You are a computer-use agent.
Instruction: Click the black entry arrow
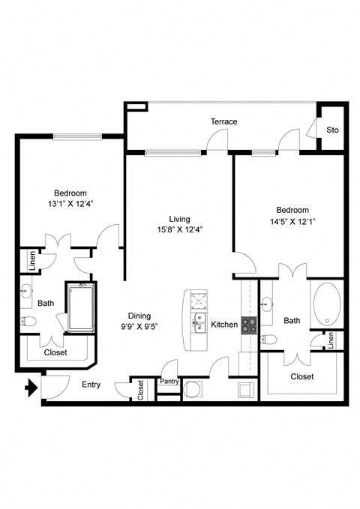31,388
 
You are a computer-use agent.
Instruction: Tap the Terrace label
223,121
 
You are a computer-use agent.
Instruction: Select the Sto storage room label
332,130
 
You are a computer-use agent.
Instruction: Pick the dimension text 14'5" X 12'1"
293,221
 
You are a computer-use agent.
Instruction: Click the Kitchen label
224,325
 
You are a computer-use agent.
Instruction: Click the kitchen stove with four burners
248,325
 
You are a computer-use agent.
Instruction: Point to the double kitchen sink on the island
200,323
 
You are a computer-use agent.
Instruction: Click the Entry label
91,385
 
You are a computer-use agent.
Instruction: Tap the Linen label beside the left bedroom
32,260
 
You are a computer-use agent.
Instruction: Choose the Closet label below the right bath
301,376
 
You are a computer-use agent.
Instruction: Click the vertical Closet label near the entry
140,389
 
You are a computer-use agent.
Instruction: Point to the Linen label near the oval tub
331,340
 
